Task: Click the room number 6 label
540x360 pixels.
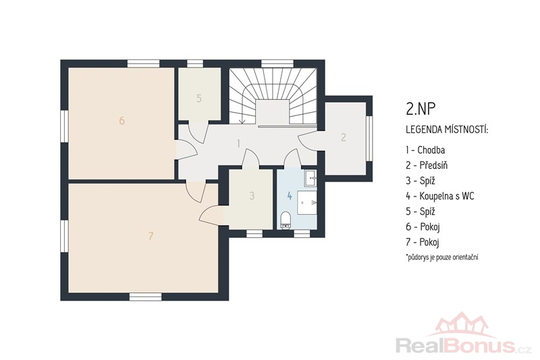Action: click(x=122, y=121)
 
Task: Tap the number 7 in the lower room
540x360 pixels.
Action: click(x=151, y=236)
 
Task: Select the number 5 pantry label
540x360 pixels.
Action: click(x=198, y=99)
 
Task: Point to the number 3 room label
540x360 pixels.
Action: click(x=252, y=196)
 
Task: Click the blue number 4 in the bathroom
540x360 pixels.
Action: click(x=290, y=196)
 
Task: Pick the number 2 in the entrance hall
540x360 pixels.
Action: click(x=344, y=138)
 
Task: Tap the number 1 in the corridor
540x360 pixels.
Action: click(x=238, y=144)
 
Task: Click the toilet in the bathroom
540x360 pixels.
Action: click(x=286, y=220)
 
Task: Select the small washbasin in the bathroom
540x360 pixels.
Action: click(x=310, y=178)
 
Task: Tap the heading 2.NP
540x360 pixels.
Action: click(x=421, y=109)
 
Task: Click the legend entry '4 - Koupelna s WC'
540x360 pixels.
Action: click(x=440, y=196)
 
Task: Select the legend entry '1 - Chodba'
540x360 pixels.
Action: click(x=425, y=150)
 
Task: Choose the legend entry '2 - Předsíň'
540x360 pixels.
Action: click(x=427, y=165)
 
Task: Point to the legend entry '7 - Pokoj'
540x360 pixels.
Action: click(x=423, y=242)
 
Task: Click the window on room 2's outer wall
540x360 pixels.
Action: click(x=369, y=138)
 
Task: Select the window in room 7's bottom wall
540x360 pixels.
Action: click(x=145, y=297)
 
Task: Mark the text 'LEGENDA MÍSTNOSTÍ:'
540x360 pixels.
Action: click(x=447, y=130)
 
